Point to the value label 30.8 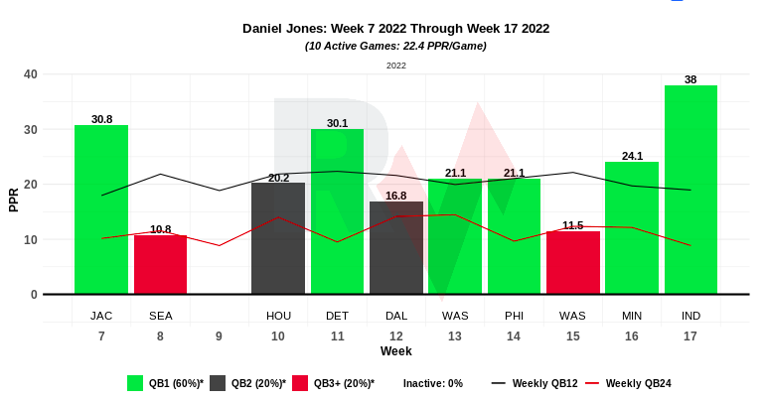click(101, 119)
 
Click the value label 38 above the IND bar click(690, 79)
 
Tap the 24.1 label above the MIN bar click(632, 156)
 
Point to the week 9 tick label click(219, 336)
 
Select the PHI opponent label click(514, 316)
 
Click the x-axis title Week click(395, 351)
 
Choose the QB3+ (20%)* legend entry click(334, 383)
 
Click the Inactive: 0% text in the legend click(433, 383)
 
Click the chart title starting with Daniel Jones click(395, 29)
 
